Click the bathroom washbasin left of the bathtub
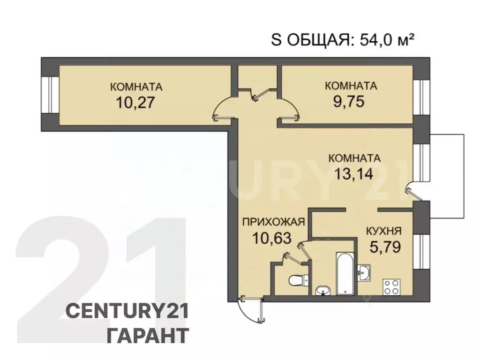point(323,290)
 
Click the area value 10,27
point(136,102)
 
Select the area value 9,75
point(348,102)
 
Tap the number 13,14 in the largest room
point(354,174)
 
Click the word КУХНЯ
point(383,231)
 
